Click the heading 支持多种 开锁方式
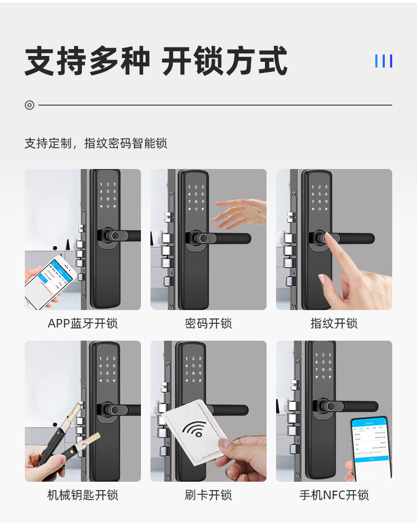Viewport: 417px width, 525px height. coord(156,61)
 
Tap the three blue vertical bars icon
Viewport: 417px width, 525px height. coord(383,61)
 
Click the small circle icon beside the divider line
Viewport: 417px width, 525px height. coord(30,105)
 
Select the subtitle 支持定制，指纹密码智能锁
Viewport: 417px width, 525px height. coord(96,143)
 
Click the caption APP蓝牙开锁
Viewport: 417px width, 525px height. coord(83,323)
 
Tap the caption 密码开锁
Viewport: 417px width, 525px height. coord(209,323)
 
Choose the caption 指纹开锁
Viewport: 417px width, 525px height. coord(334,323)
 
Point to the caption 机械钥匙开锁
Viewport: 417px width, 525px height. coord(83,495)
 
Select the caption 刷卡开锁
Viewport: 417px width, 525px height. coord(209,495)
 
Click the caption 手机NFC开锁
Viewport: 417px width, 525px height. coord(334,495)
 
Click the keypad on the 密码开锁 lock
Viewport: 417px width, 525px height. coord(196,198)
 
